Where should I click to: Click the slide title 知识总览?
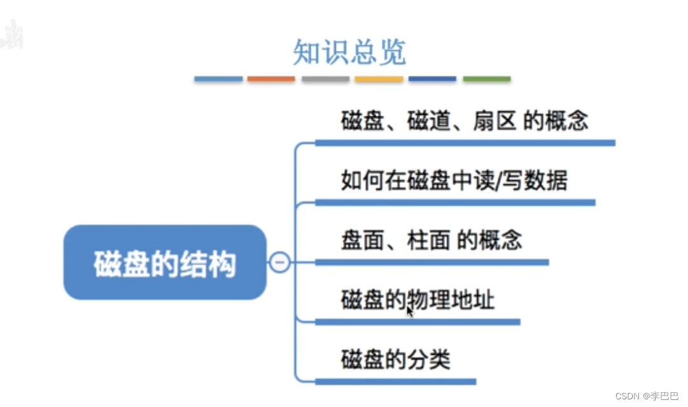pos(349,53)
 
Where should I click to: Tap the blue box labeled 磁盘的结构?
pos(165,262)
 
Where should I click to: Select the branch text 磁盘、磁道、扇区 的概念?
pos(464,121)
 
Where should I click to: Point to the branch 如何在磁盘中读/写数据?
pos(454,181)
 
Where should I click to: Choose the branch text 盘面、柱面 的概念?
pos(431,240)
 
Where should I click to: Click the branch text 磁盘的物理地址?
pos(418,299)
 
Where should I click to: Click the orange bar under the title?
pos(271,80)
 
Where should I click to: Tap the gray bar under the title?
pos(325,80)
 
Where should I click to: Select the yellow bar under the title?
pos(379,80)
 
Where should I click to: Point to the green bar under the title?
pos(487,80)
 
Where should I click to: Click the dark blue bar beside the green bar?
pos(433,80)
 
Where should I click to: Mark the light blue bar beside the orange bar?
pos(218,80)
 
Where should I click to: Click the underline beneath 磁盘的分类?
pos(395,382)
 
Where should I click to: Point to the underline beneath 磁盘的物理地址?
pos(418,322)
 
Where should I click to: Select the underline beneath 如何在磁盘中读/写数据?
pos(454,203)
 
